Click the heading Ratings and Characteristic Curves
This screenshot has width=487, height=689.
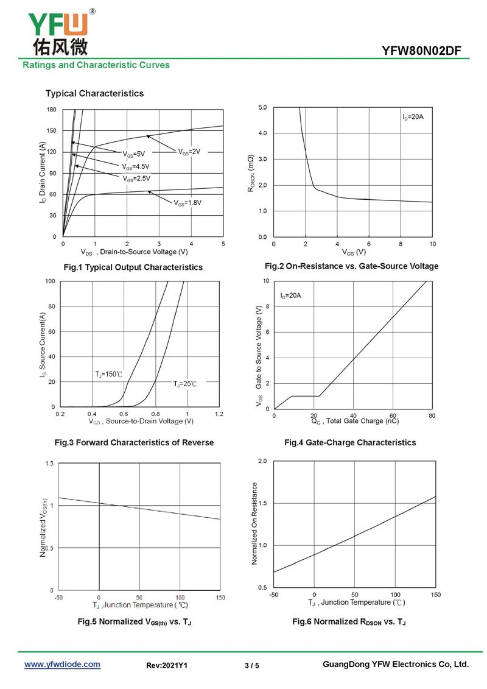coord(96,65)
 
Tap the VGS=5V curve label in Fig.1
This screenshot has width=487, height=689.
coord(134,154)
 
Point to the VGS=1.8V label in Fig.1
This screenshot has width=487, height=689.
coord(187,202)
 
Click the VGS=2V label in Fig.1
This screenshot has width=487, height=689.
coord(189,152)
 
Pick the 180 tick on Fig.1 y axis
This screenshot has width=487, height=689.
coord(51,110)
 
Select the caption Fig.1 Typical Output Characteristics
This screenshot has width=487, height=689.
coord(133,267)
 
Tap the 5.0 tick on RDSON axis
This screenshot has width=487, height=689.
coord(262,108)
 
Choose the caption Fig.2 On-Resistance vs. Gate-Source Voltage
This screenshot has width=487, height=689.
coord(351,266)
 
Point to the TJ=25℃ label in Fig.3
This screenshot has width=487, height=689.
coord(185,384)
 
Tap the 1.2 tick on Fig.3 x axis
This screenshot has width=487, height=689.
coord(219,414)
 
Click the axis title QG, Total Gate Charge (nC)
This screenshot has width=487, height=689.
coord(355,421)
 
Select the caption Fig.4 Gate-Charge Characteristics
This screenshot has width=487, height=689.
coord(350,442)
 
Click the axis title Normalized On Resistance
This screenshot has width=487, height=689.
coord(254,523)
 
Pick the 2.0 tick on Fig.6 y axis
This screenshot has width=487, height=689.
coord(262,461)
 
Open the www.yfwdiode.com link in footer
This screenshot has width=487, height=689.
coord(62,665)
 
